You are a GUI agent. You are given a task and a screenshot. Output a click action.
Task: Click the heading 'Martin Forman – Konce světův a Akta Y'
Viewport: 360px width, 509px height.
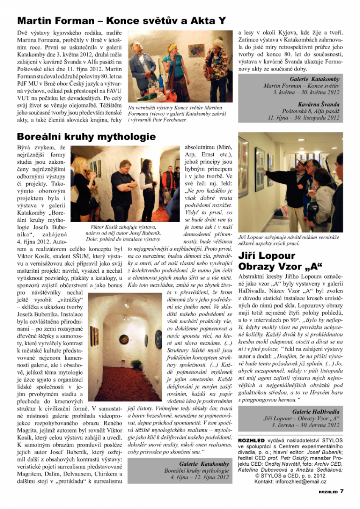(121, 21)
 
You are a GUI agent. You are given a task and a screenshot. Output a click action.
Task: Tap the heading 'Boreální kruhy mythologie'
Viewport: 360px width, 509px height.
(86, 137)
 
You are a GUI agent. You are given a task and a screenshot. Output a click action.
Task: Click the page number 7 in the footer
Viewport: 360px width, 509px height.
(342, 491)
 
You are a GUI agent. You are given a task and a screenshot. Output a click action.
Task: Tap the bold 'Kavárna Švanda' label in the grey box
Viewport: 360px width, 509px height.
(318, 104)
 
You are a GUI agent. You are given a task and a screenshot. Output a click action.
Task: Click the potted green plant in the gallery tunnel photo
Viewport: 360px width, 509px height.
(137, 364)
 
